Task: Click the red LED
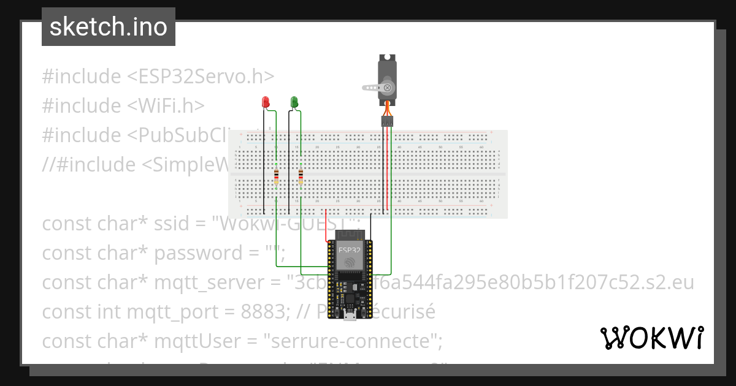(x=266, y=102)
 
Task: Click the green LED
(x=294, y=102)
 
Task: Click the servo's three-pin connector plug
(x=387, y=121)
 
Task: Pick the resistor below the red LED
(x=277, y=177)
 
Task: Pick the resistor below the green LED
(x=301, y=177)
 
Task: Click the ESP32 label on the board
(x=350, y=249)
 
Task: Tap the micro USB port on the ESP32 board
(x=350, y=315)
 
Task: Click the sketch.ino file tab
(x=109, y=27)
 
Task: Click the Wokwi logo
(x=651, y=338)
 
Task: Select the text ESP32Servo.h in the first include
(x=200, y=77)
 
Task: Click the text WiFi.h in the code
(x=166, y=106)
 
